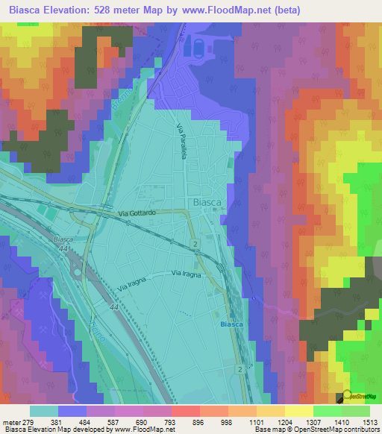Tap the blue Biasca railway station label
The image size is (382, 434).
(233, 324)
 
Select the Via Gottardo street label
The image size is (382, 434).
(135, 213)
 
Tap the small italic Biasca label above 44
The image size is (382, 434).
(63, 239)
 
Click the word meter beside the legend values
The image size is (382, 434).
(10, 422)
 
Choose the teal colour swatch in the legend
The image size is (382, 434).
(44, 411)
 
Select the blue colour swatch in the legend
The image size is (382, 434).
(72, 411)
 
